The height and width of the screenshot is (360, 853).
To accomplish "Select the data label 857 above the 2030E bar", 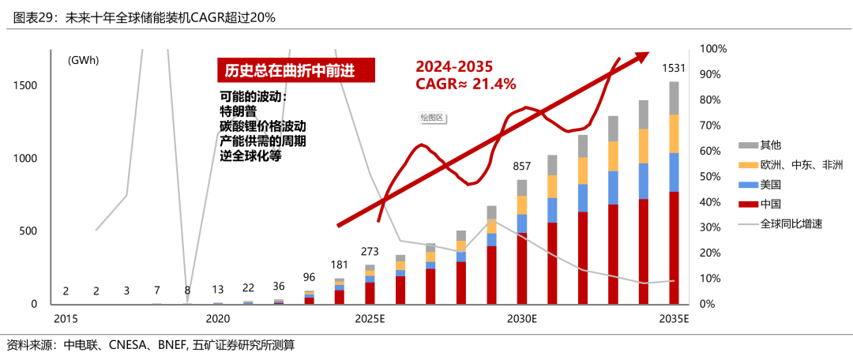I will pos(521,167).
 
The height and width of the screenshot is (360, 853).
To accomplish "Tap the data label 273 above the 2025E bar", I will pos(370,251).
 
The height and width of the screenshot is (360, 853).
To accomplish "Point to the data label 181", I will pos(340,264).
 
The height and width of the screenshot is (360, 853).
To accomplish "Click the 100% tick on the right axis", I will pos(714,49).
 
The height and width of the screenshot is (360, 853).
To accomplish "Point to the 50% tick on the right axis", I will pos(711,176).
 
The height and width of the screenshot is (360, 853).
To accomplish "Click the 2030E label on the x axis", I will pos(521,319).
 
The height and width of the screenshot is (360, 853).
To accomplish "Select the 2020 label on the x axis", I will pos(218,319).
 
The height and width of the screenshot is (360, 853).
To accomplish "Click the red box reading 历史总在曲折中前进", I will pos(296,71).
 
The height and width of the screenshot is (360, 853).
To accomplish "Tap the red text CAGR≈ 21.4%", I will pos(465,84).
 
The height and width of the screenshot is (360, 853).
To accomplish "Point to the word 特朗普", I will pos(238,112).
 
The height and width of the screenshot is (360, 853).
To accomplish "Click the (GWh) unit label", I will pos(83,60).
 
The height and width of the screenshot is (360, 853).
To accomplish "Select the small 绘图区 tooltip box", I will pos(433,118).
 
